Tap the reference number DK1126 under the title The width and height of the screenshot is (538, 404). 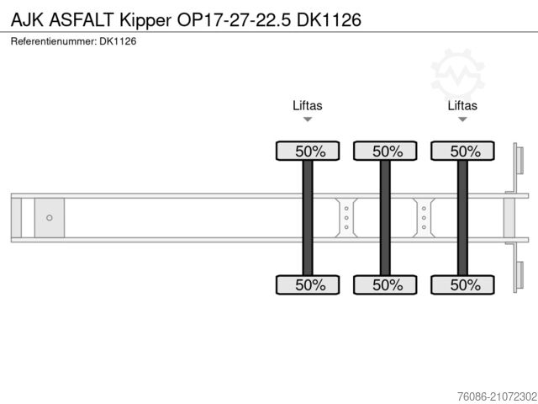118,40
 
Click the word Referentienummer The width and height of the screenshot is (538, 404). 52,40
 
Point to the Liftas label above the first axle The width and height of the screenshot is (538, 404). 308,105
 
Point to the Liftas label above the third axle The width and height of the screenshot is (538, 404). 462,105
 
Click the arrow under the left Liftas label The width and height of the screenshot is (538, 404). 308,120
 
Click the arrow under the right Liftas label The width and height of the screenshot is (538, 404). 462,120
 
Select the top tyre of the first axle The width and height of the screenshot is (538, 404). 309,151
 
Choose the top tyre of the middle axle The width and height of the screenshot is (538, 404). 386,151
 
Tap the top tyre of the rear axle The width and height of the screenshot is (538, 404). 463,151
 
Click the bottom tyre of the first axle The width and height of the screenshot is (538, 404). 309,284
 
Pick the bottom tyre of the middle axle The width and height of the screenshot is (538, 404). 386,284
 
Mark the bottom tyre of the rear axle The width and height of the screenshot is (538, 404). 463,284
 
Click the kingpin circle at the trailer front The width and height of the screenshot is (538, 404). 50,218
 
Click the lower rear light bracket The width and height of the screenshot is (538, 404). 518,277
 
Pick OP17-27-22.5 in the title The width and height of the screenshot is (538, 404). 244,19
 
